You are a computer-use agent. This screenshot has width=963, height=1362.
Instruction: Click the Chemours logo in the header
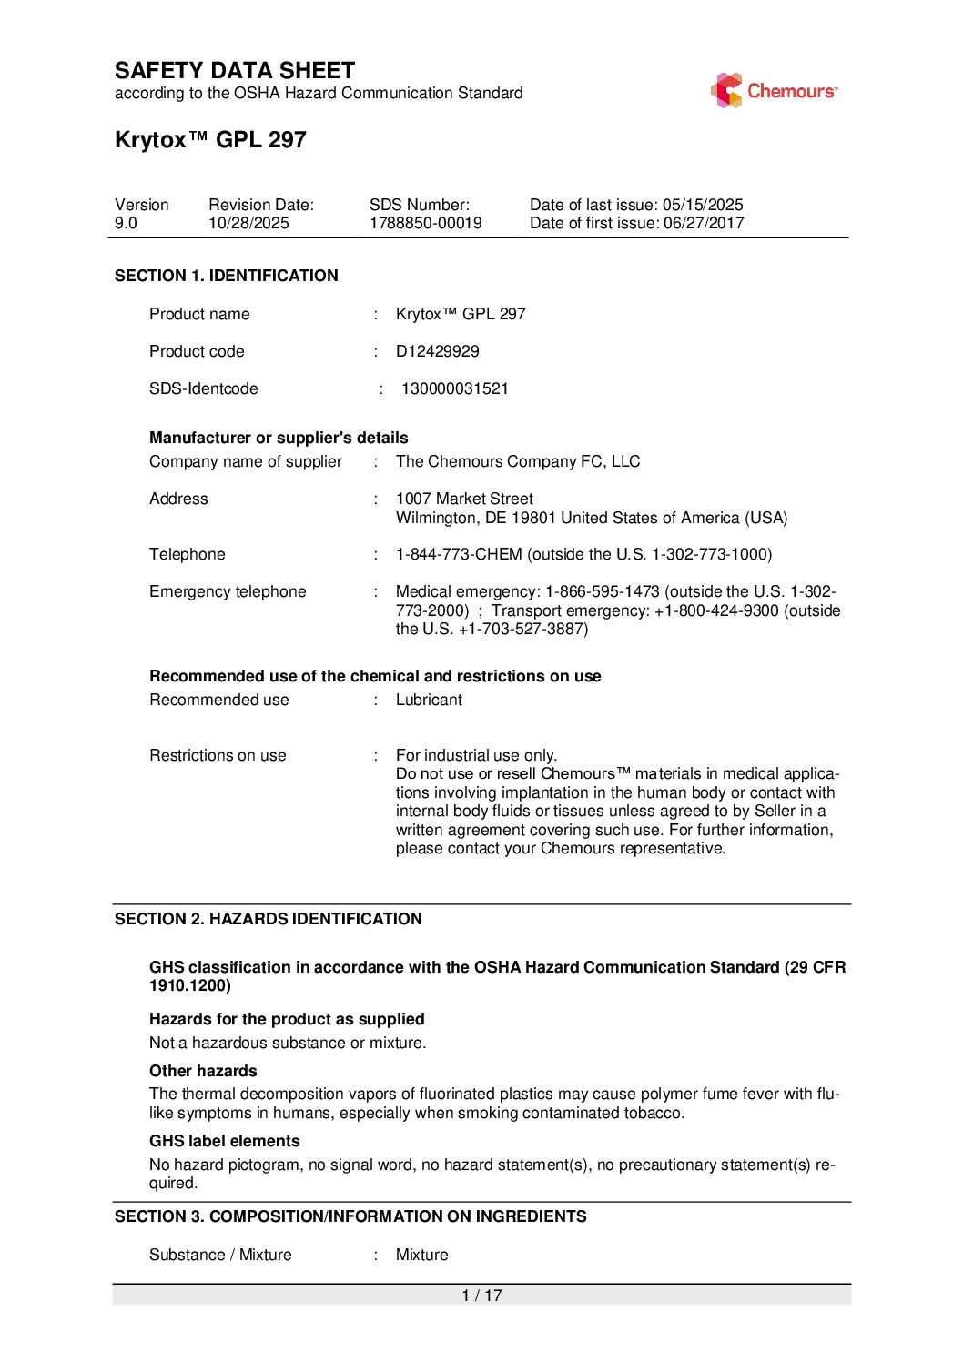pyautogui.click(x=774, y=91)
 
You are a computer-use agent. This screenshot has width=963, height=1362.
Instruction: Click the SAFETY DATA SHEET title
pyautogui.click(x=235, y=71)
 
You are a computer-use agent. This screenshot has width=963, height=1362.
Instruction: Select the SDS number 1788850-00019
pyautogui.click(x=425, y=223)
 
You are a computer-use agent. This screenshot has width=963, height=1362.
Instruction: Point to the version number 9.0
pyautogui.click(x=126, y=223)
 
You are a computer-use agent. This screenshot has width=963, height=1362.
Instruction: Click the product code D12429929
pyautogui.click(x=437, y=351)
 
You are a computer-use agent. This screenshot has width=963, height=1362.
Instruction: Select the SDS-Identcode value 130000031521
pyautogui.click(x=454, y=388)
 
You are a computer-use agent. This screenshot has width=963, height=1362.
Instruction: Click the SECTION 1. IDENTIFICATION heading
pyautogui.click(x=226, y=276)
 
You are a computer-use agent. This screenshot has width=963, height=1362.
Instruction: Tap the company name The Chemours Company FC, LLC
pyautogui.click(x=517, y=461)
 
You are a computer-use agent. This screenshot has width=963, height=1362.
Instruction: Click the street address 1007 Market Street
pyautogui.click(x=464, y=499)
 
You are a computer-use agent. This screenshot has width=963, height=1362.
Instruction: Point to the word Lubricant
pyautogui.click(x=429, y=700)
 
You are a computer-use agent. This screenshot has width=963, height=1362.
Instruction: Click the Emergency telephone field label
pyautogui.click(x=228, y=591)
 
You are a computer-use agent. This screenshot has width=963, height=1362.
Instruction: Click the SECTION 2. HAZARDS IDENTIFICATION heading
pyautogui.click(x=268, y=919)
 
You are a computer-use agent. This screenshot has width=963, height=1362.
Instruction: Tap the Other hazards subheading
pyautogui.click(x=203, y=1071)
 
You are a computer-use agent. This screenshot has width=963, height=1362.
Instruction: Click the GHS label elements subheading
pyautogui.click(x=224, y=1141)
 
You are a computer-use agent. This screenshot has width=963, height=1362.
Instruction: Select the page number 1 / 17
pyautogui.click(x=481, y=1296)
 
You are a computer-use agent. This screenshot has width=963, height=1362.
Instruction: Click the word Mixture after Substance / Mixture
pyautogui.click(x=421, y=1255)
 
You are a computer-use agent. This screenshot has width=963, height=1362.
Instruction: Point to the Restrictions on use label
pyautogui.click(x=218, y=755)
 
